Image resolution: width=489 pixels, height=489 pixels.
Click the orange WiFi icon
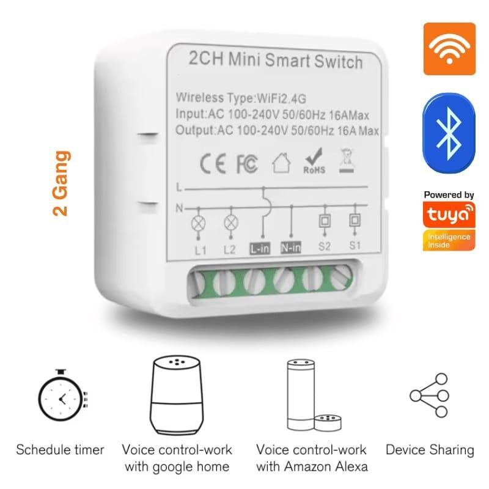tap(449, 49)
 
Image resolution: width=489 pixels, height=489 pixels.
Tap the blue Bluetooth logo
tap(449, 133)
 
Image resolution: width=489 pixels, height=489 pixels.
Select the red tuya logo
tap(449, 215)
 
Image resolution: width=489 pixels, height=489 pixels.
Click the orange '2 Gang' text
tap(61, 183)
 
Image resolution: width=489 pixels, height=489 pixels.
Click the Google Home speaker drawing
tap(177, 395)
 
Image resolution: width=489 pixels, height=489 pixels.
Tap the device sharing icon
tap(430, 395)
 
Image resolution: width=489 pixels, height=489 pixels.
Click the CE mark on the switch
tap(213, 164)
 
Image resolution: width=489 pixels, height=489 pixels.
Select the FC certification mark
tap(247, 163)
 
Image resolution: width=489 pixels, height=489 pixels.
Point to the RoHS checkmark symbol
tap(314, 161)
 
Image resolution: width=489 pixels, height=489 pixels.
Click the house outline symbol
tap(281, 163)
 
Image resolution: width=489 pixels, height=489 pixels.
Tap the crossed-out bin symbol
tap(347, 161)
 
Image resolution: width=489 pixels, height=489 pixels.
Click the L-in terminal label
tap(260, 249)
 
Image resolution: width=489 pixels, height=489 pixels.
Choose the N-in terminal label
tap(291, 248)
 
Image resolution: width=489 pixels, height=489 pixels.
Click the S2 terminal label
tap(325, 246)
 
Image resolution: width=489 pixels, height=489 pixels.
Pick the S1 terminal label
tap(355, 246)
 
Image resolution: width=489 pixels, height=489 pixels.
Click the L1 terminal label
tap(200, 251)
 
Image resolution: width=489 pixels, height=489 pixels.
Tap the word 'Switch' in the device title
tap(339, 61)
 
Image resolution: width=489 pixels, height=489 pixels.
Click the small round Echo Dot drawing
tap(328, 423)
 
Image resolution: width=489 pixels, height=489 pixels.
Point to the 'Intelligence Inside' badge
tap(449, 240)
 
